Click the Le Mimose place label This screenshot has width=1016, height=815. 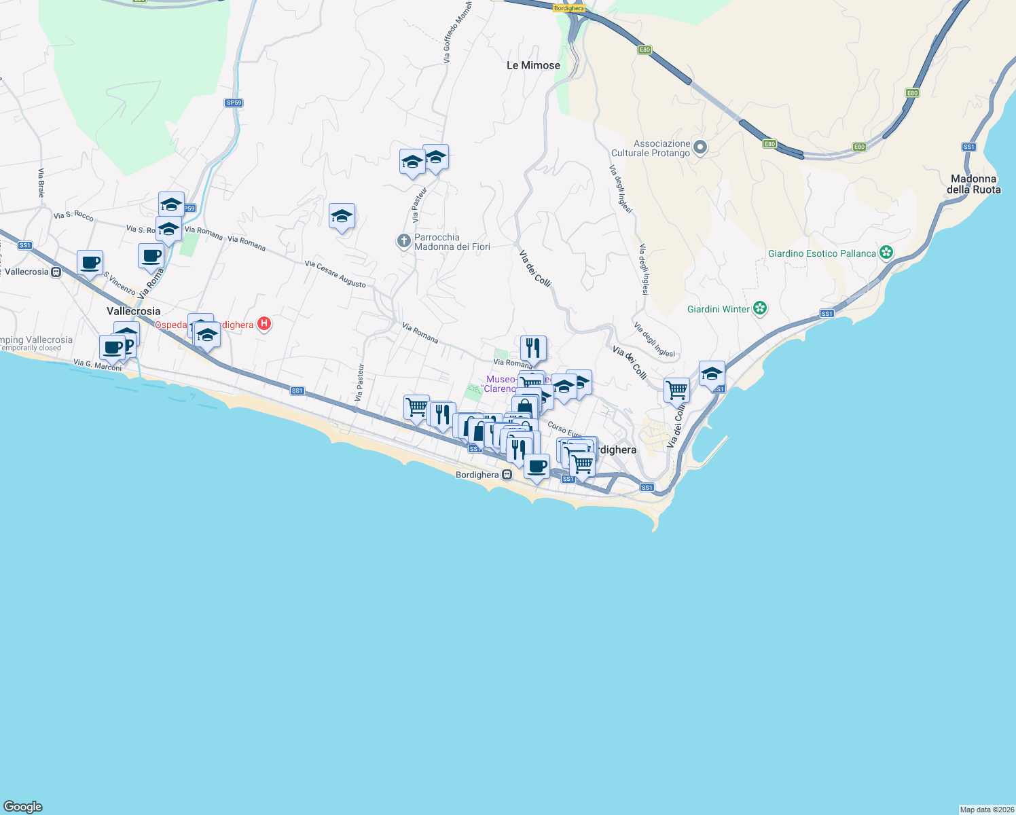tap(533, 65)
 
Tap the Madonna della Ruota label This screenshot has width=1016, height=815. tap(973, 184)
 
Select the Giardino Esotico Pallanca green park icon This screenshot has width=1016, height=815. tap(886, 253)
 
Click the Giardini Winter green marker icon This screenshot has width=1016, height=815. tap(760, 308)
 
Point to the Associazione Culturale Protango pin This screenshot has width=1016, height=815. tap(701, 147)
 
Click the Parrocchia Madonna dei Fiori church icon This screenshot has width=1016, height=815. tap(403, 240)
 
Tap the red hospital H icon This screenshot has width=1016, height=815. tap(265, 325)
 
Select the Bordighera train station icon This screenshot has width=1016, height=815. tap(507, 475)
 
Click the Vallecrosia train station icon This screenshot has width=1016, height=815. tap(56, 272)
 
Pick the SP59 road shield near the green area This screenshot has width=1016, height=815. tap(234, 103)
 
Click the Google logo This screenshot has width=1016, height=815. tap(23, 807)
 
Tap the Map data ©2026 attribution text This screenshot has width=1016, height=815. tap(986, 810)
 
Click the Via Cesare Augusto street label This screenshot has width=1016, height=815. tap(335, 274)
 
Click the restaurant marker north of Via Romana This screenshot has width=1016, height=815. tap(533, 348)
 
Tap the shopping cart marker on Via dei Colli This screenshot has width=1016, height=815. tap(676, 391)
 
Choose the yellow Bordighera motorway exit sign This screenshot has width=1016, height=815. tap(568, 8)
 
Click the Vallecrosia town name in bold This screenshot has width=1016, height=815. tap(133, 311)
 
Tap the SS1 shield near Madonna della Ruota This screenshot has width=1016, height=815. tap(968, 147)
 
